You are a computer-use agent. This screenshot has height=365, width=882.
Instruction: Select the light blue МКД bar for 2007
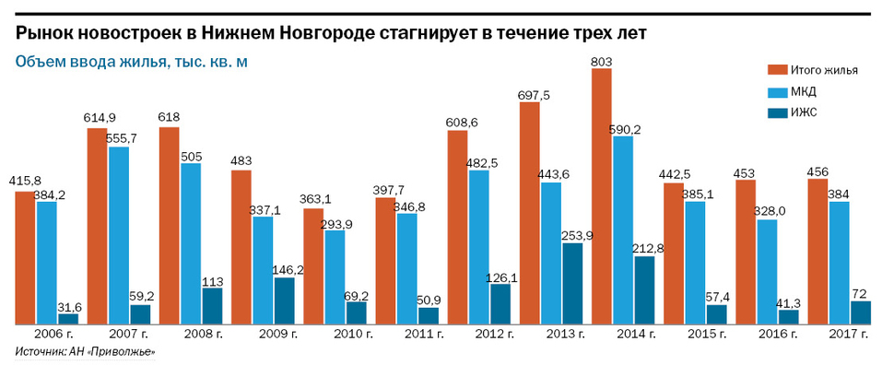[119, 235]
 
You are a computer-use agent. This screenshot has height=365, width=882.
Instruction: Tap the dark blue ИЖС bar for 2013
[571, 283]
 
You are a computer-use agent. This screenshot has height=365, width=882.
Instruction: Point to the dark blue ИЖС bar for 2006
[68, 318]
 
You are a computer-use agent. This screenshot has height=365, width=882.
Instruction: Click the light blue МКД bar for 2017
[838, 263]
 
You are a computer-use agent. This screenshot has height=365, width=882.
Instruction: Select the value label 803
[603, 62]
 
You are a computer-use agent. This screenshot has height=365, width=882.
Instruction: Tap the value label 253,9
[571, 235]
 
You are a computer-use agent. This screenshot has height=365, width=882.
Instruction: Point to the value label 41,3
[791, 300]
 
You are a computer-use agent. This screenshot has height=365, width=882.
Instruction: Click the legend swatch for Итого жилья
[778, 70]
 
